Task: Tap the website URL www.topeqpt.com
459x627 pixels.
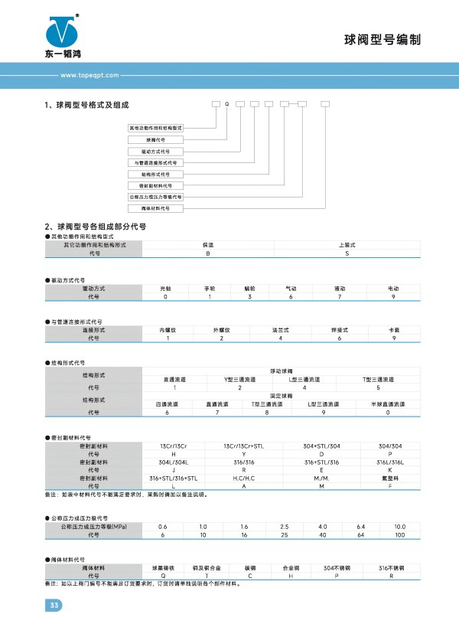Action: click(x=86, y=76)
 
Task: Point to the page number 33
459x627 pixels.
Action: click(x=54, y=606)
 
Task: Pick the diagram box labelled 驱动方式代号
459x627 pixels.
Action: click(x=155, y=152)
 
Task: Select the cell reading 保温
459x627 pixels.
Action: click(x=207, y=244)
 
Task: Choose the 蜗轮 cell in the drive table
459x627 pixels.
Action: click(x=251, y=288)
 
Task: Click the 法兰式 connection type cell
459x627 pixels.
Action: click(x=280, y=329)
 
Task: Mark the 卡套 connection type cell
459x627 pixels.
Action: click(x=393, y=329)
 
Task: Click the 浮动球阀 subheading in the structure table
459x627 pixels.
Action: click(x=280, y=371)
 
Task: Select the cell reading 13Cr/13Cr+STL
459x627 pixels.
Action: click(x=244, y=446)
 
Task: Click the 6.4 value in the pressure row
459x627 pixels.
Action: click(x=362, y=527)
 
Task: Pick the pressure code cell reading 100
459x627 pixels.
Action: click(x=399, y=535)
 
